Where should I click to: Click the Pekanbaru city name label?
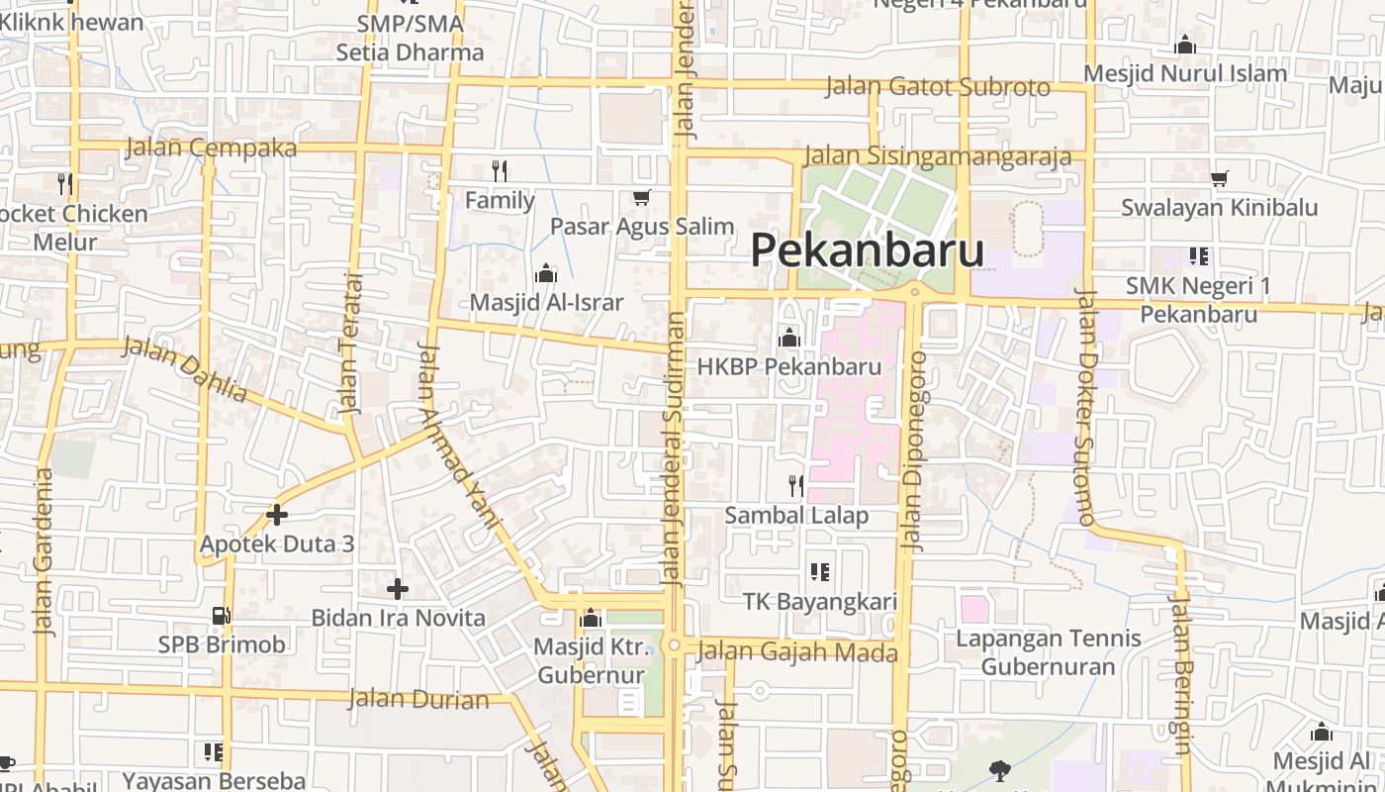(867, 250)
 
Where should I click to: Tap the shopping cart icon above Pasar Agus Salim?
(642, 198)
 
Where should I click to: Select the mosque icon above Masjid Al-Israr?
(545, 274)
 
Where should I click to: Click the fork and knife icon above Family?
(500, 171)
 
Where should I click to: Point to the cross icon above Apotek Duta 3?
(277, 515)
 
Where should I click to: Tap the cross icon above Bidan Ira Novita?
(398, 589)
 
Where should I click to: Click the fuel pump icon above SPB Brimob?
(222, 616)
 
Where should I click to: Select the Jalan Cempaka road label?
(211, 148)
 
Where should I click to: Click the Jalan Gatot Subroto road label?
(937, 87)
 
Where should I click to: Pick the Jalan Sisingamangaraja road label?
(938, 156)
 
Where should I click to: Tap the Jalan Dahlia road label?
(185, 368)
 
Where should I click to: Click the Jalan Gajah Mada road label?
(796, 652)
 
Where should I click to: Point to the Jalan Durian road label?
(418, 699)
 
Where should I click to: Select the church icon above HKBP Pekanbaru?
(788, 339)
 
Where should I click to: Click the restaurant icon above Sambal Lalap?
(795, 485)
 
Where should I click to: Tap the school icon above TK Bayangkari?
(819, 571)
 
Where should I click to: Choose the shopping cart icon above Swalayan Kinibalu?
(1220, 179)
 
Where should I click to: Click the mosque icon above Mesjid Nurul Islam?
(1184, 45)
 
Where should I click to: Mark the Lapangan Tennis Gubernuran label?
(1048, 652)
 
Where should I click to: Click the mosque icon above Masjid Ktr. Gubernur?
(592, 619)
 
